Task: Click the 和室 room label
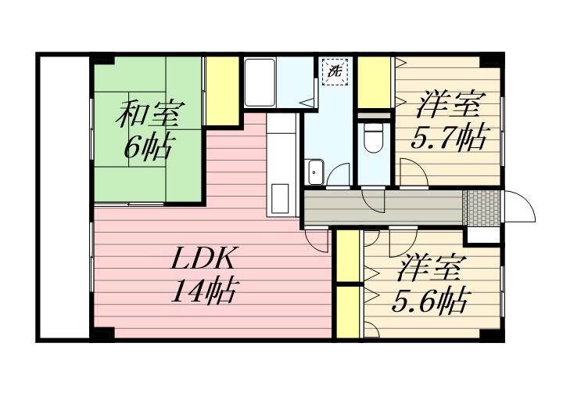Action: point(150,114)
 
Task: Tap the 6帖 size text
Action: point(147,147)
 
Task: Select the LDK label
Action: point(203,258)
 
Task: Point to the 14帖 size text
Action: point(204,291)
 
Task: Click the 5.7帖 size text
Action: point(450,138)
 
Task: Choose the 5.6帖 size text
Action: point(431,301)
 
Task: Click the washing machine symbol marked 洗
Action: point(335,71)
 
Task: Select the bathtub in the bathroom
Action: point(260,83)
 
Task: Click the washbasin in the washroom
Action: point(316,172)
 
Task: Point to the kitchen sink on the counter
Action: point(280,198)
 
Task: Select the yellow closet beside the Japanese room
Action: point(223,91)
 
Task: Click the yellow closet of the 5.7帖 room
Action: point(374,82)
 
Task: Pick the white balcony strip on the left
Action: point(64,197)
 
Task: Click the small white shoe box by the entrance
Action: point(483,236)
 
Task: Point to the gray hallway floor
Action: point(383,208)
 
